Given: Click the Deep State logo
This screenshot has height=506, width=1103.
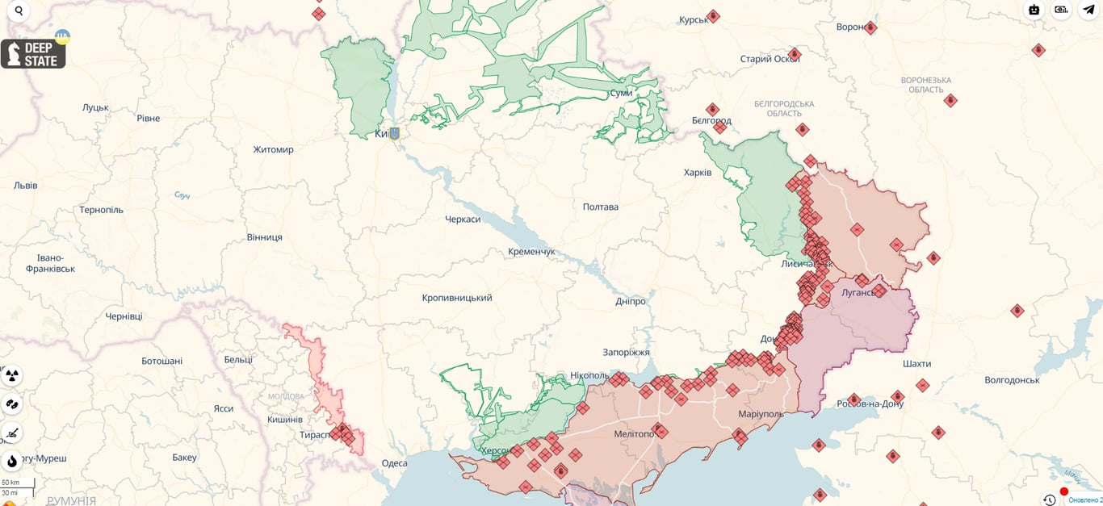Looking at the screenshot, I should pos(33,54).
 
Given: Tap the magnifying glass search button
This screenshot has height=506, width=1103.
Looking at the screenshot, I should pos(18,11).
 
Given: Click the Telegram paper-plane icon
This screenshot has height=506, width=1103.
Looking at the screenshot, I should pos(1088,10).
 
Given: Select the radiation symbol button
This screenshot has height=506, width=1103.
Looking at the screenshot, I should pos(12,375).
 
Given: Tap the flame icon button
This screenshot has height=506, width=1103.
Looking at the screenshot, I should pos(12,461).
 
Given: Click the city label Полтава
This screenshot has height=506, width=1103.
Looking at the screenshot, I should pos(600,207).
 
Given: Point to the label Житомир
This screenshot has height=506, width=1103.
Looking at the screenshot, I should pos(273,149).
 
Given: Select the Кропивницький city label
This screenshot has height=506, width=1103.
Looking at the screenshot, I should pos(456,298).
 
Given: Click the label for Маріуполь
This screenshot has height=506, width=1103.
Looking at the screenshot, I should pos(761,414).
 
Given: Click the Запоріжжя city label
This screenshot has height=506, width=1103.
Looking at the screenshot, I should pos(626,353).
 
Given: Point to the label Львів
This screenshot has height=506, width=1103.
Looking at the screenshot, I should pos(25,186).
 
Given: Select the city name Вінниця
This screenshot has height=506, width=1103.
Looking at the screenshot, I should pos(264,237).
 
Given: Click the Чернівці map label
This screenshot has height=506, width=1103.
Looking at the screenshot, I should pos(124,316).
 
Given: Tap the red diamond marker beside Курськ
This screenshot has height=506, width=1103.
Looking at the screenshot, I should pos(713,16).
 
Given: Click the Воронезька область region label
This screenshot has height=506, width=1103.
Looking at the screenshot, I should pos(925,85).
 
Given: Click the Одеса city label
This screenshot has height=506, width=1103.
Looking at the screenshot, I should pos(394,463).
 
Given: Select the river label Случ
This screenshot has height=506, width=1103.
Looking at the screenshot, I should pos(182,196).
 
